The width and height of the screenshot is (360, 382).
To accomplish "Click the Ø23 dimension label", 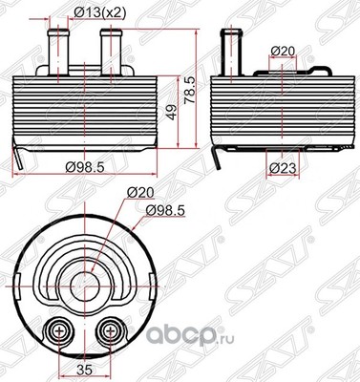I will coord(282,168).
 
